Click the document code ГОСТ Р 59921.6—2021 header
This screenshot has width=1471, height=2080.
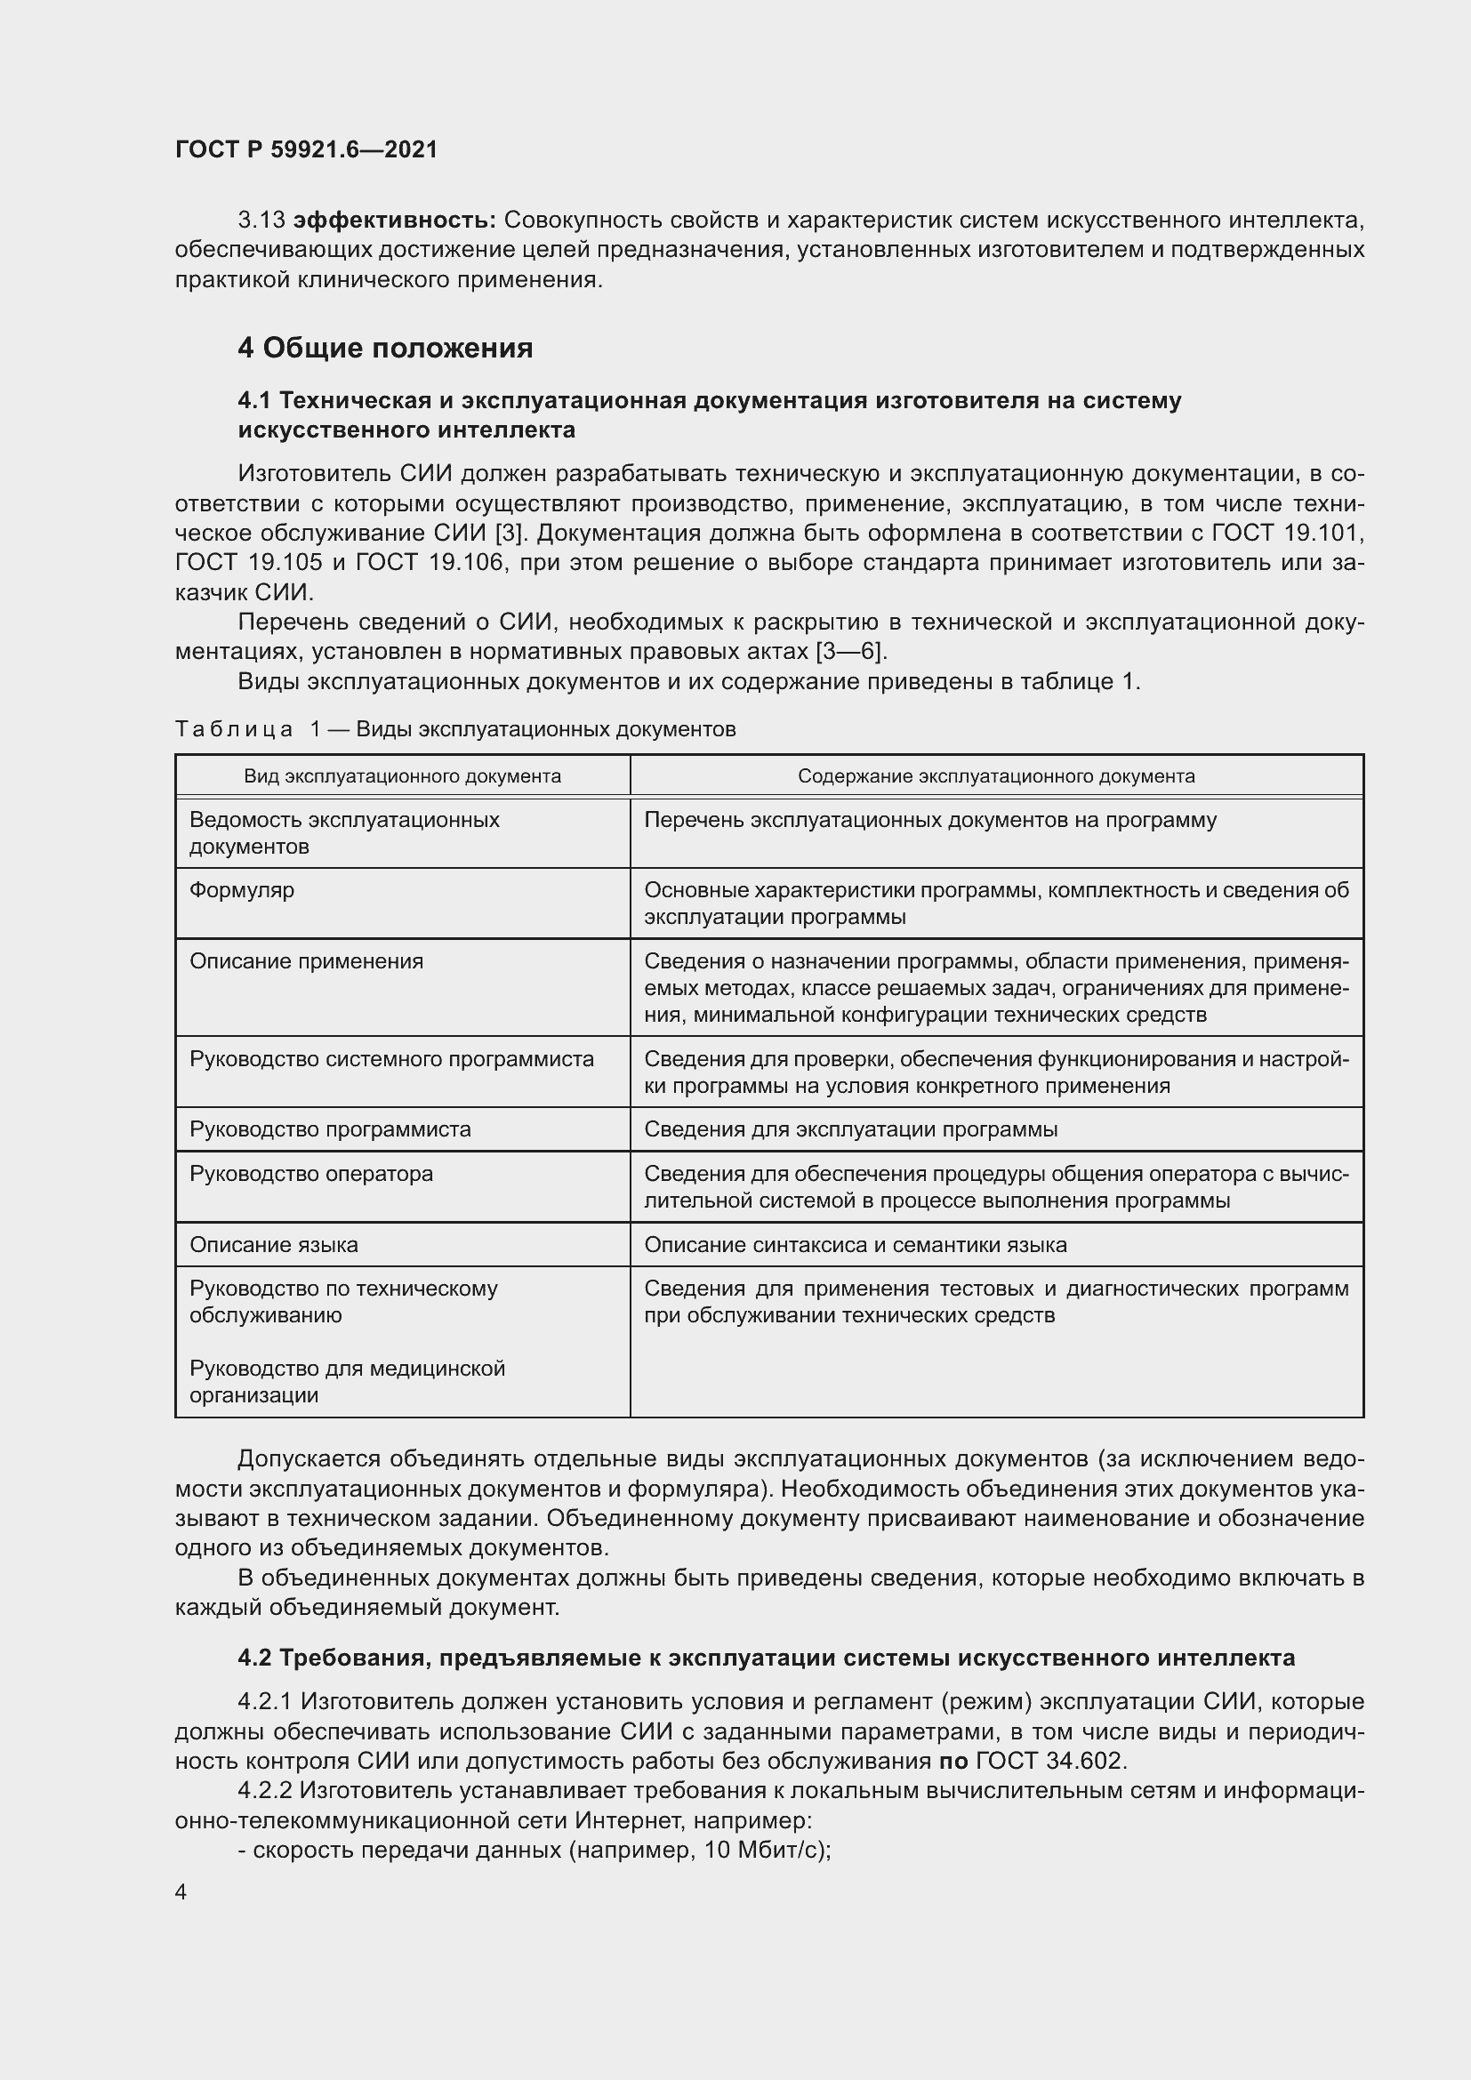click(x=306, y=149)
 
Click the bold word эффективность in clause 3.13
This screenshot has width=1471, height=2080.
click(x=395, y=221)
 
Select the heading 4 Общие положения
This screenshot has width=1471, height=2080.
click(x=385, y=348)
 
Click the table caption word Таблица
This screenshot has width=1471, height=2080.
click(x=234, y=729)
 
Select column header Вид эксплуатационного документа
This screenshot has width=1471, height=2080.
click(x=402, y=776)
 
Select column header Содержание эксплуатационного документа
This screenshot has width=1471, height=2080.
click(x=996, y=776)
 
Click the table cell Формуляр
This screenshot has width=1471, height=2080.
click(x=242, y=890)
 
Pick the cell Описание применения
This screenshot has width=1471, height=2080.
click(x=306, y=961)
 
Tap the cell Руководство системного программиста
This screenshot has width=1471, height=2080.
click(x=391, y=1059)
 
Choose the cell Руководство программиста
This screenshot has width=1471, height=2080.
click(x=330, y=1129)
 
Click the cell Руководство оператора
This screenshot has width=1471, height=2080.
click(x=310, y=1174)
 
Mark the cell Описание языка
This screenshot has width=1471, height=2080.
click(x=274, y=1245)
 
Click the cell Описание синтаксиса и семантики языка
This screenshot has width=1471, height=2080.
click(x=855, y=1245)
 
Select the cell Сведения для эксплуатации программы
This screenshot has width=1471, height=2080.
click(x=850, y=1129)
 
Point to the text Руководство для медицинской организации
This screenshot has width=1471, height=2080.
click(x=347, y=1382)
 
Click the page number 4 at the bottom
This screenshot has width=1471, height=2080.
click(x=181, y=1892)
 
